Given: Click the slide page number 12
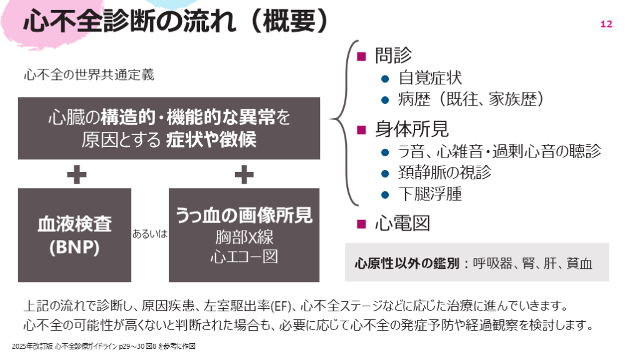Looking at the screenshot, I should tap(606, 24).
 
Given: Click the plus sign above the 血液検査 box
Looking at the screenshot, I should tap(76, 174).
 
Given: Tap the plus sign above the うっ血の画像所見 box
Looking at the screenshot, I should tap(244, 174).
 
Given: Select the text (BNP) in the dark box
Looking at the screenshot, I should tap(74, 247).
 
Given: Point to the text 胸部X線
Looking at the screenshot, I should tap(244, 237).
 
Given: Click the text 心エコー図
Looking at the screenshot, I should tap(244, 257).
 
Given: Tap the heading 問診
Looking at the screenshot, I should tap(393, 55).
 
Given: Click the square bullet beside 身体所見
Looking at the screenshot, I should tap(361, 129).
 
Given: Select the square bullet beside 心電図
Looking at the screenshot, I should tap(361, 223).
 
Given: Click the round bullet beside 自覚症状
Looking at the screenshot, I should tap(385, 79).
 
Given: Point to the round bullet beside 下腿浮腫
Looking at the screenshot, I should tap(385, 194).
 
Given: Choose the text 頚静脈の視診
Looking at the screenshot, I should tap(444, 172).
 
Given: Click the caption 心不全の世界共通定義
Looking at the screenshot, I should tap(88, 76).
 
